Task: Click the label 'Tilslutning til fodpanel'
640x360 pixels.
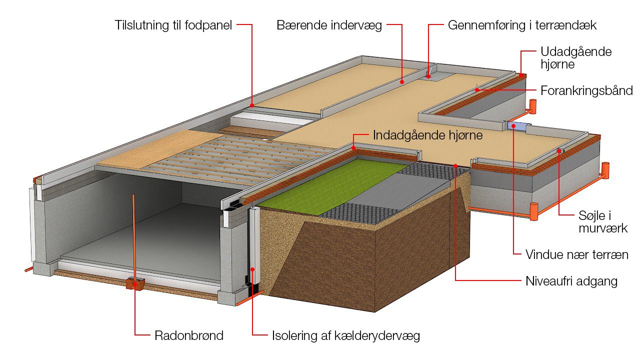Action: (x=173, y=25)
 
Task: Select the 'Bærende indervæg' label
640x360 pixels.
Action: (x=329, y=25)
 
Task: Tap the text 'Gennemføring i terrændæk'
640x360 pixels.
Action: (x=522, y=25)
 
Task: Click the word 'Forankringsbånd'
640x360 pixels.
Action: (x=586, y=90)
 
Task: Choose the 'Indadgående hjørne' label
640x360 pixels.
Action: (x=428, y=135)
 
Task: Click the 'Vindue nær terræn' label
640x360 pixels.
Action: (x=576, y=254)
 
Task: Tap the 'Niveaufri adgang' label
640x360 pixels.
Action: (x=571, y=281)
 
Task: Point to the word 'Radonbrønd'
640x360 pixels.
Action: (x=189, y=335)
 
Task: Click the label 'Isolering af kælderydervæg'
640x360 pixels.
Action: (x=346, y=335)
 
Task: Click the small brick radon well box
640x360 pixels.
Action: (x=135, y=283)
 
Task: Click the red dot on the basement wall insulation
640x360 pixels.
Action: (x=252, y=269)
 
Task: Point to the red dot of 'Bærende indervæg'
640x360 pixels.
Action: (x=402, y=80)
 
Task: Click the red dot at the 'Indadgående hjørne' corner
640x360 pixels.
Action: (x=353, y=148)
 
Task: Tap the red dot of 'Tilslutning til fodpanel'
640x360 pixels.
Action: (x=252, y=105)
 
